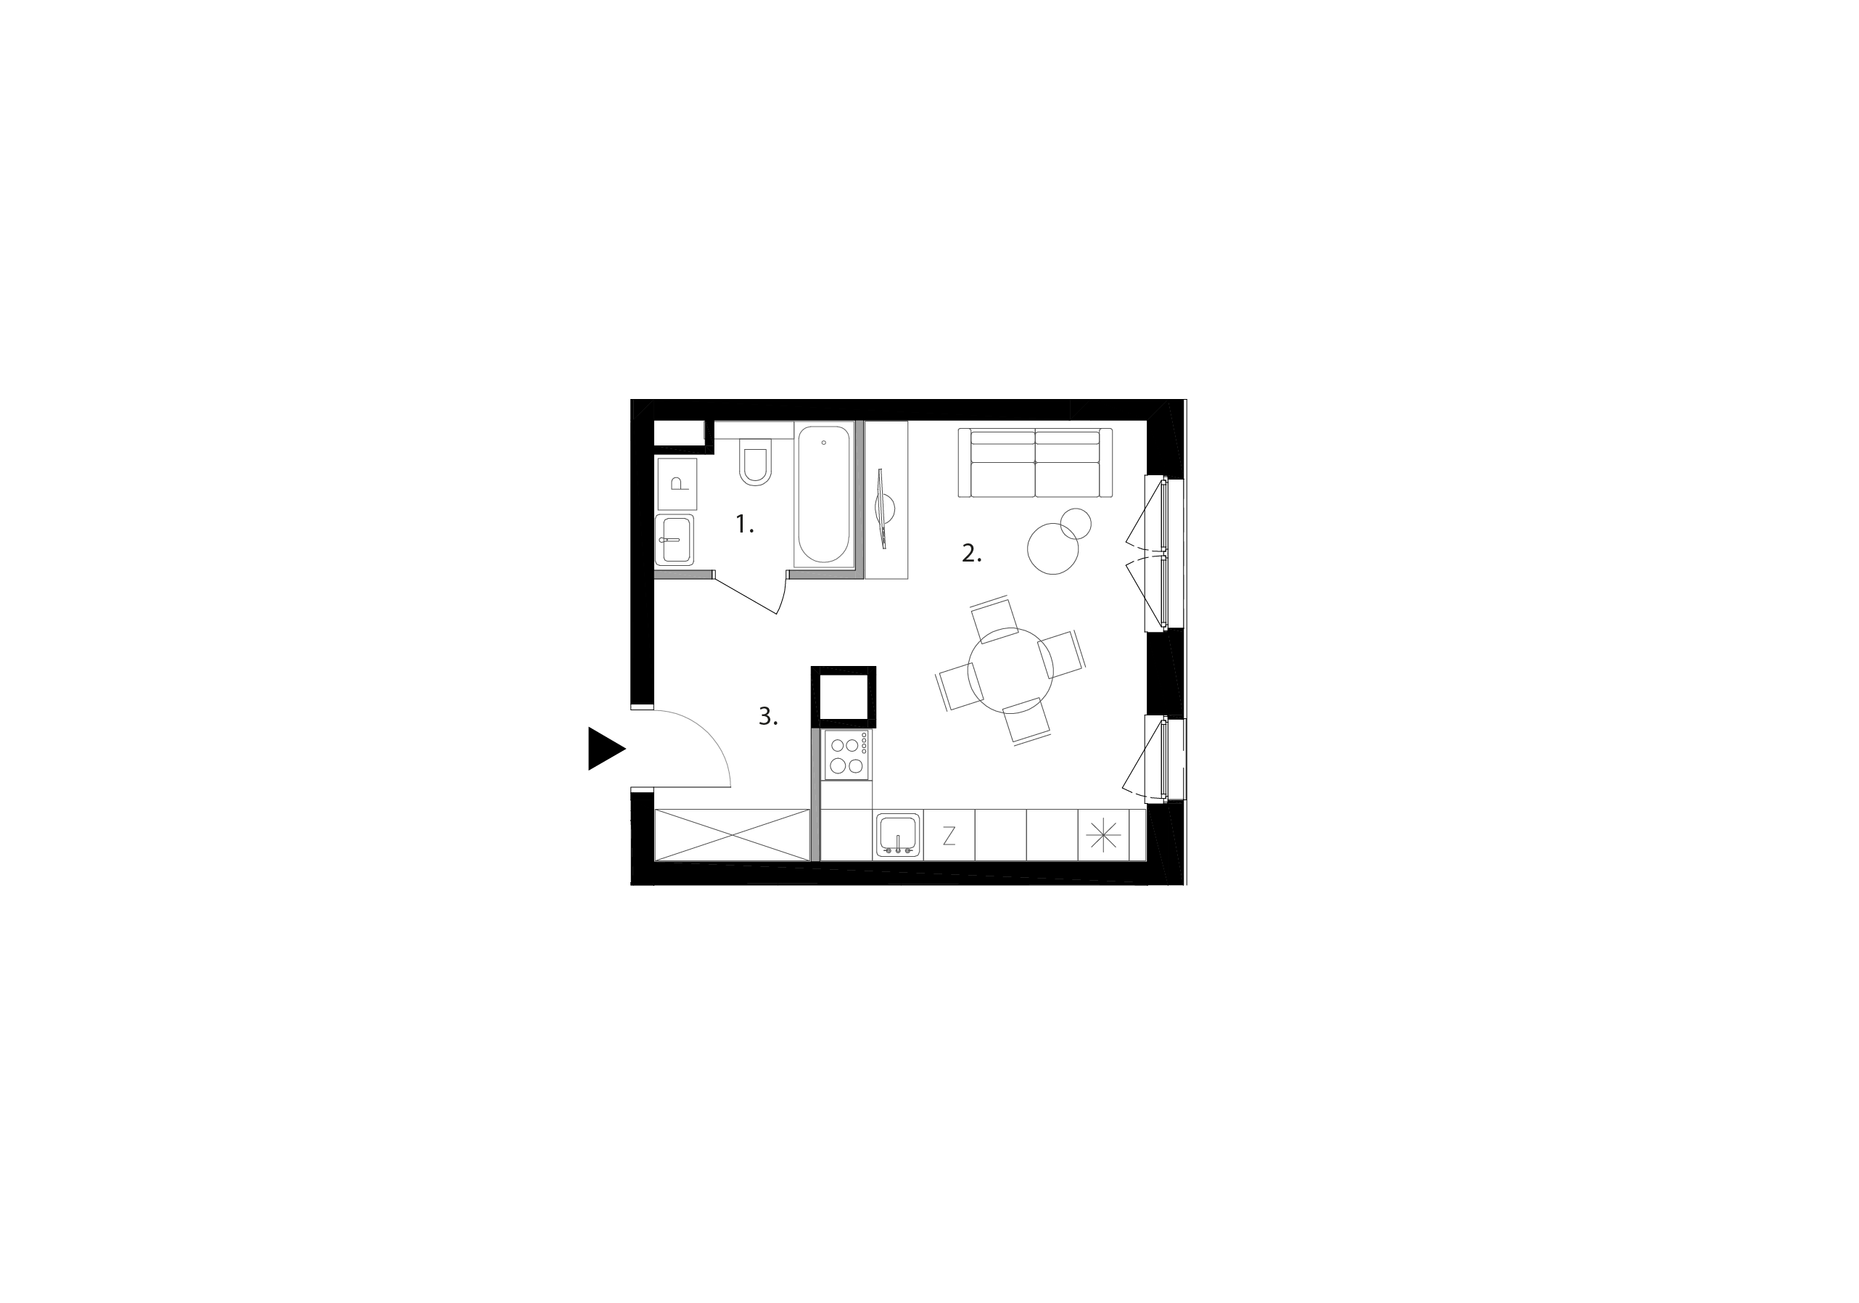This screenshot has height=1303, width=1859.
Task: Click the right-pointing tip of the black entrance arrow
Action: [x=626, y=749]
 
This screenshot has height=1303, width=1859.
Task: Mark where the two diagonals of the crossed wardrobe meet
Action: [x=732, y=835]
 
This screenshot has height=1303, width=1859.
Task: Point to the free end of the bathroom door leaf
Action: [x=777, y=614]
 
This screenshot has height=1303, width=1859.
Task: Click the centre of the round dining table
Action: [x=1010, y=670]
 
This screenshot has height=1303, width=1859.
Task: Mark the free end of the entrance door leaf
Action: [x=730, y=786]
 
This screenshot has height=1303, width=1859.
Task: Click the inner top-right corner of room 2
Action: [x=1147, y=421]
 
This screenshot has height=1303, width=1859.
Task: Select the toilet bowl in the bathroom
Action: [x=755, y=462]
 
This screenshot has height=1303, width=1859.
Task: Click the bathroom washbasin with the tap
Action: [x=675, y=540]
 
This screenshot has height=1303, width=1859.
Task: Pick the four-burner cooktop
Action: [x=847, y=755]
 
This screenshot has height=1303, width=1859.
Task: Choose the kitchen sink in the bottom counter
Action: [x=897, y=835]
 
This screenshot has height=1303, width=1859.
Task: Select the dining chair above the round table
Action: [x=994, y=619]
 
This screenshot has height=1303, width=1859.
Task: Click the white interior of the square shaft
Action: [x=844, y=696]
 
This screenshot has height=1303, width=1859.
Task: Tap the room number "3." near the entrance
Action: [x=767, y=716]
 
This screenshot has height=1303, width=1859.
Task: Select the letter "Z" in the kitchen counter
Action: [x=949, y=836]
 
